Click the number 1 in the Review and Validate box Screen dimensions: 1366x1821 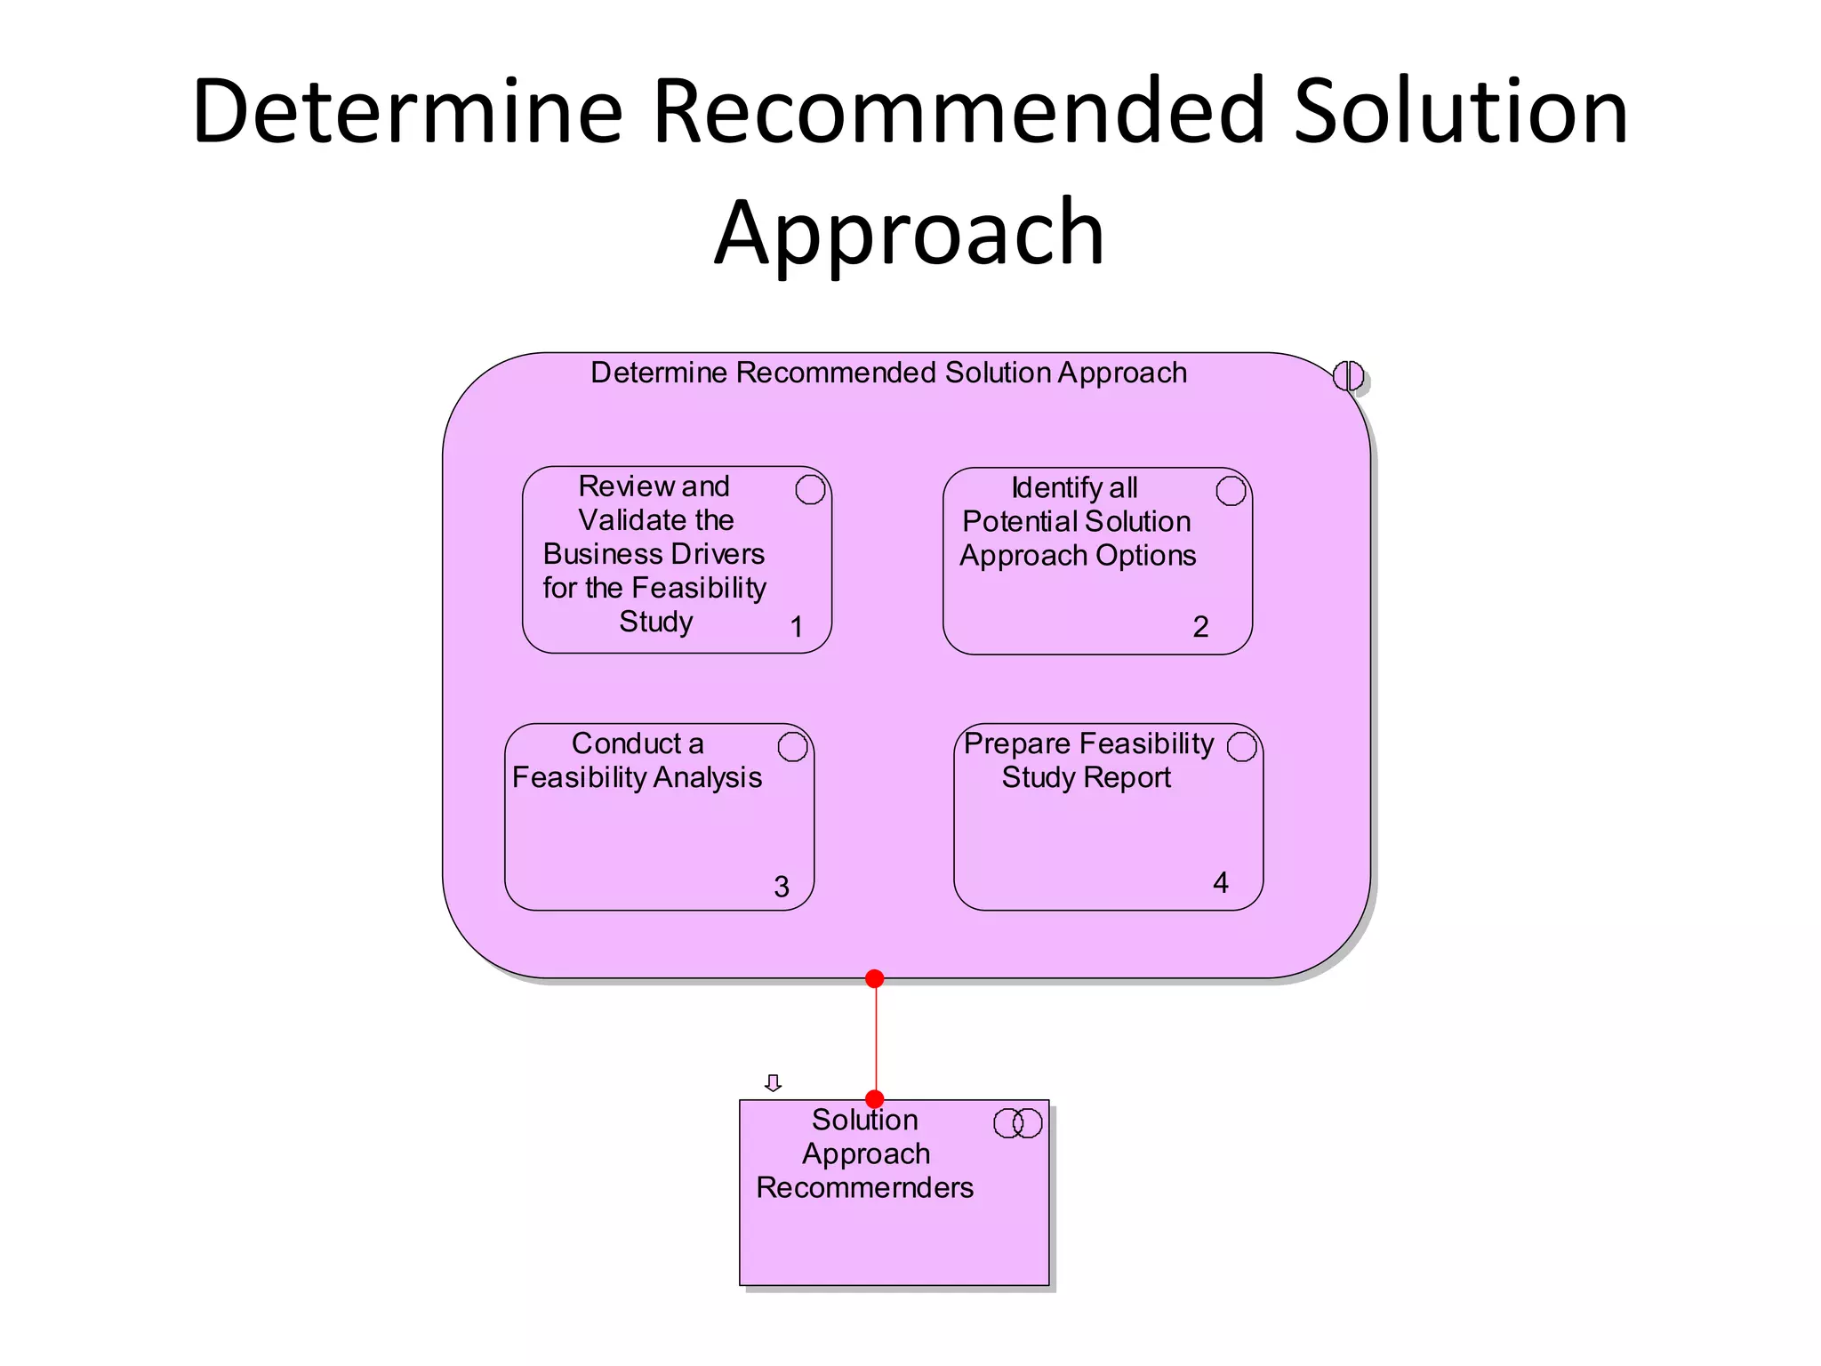tap(797, 627)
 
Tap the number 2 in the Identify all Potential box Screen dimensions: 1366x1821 tap(1200, 627)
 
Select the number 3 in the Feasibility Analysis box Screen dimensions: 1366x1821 tap(782, 887)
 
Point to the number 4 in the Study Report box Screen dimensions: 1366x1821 tap(1221, 882)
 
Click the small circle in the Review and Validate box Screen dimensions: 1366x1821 tap(810, 489)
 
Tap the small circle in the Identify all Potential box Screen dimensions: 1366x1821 tap(1231, 490)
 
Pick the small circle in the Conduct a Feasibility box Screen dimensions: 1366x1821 tap(792, 747)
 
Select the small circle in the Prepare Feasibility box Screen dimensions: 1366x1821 tap(1242, 747)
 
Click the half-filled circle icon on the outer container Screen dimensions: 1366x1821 tap(1348, 376)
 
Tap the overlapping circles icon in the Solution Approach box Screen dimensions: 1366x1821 tap(1017, 1123)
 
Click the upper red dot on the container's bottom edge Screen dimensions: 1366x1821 tap(875, 978)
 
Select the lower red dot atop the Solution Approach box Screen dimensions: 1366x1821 tap(875, 1099)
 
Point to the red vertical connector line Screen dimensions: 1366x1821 tap(876, 1039)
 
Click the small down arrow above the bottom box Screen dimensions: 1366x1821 tap(773, 1082)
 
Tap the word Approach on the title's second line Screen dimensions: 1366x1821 tap(909, 233)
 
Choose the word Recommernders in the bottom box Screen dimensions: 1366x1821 tap(864, 1188)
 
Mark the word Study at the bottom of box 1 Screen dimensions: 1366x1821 tap(656, 622)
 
